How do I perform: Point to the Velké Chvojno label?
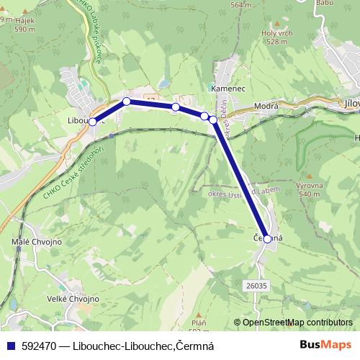(x=73, y=299)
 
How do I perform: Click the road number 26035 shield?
(x=255, y=286)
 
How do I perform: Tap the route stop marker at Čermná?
(x=267, y=238)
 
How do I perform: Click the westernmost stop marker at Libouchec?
(x=92, y=122)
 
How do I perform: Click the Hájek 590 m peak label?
(x=24, y=25)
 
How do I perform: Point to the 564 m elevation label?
(x=240, y=4)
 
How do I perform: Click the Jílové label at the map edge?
(x=351, y=103)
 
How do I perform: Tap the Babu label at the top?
(x=325, y=3)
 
